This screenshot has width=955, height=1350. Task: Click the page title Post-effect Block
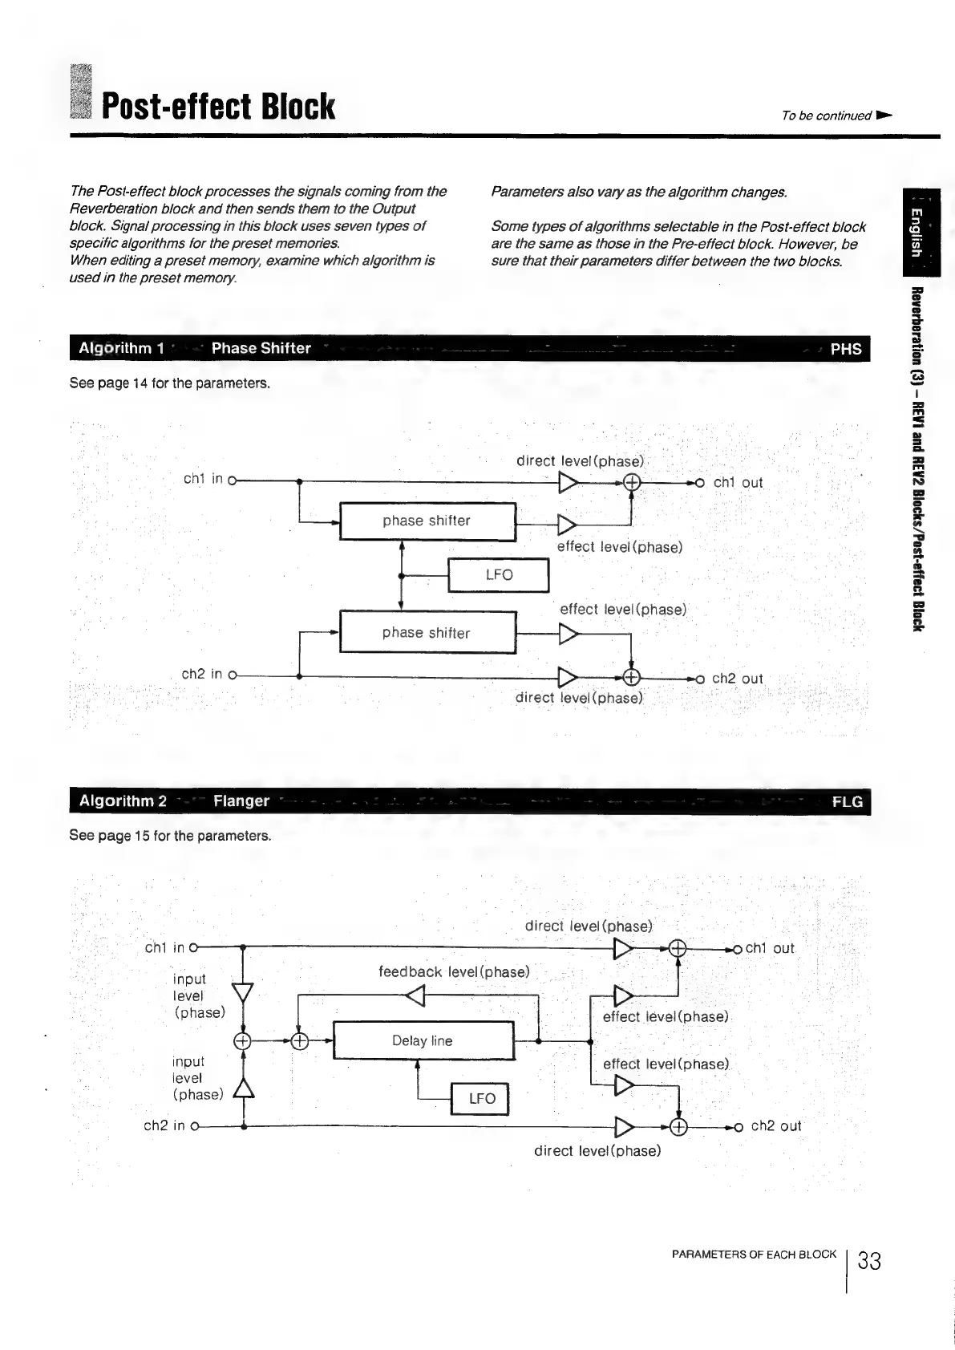click(218, 107)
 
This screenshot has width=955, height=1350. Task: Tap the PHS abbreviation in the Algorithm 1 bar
click(845, 349)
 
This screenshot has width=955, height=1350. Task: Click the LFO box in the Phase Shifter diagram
click(498, 574)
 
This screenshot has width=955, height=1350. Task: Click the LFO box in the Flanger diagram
click(481, 1098)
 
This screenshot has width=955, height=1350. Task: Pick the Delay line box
click(423, 1040)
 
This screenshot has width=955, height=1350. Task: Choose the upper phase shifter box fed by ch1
click(427, 521)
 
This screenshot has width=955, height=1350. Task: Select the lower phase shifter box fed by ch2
click(427, 633)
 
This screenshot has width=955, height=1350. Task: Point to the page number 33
click(869, 1262)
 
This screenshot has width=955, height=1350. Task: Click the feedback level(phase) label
click(454, 972)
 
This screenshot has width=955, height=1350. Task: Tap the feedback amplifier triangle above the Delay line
click(415, 997)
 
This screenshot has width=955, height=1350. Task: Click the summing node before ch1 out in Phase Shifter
click(632, 482)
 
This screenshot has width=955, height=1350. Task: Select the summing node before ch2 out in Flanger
click(678, 1127)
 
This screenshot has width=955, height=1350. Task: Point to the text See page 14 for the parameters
click(170, 383)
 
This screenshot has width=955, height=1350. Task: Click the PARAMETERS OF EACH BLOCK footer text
click(755, 1255)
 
